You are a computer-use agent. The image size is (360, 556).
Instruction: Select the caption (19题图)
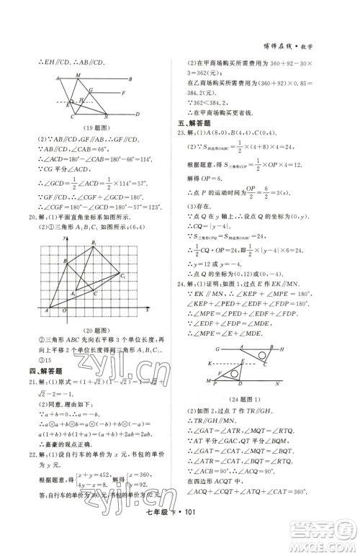(86, 127)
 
